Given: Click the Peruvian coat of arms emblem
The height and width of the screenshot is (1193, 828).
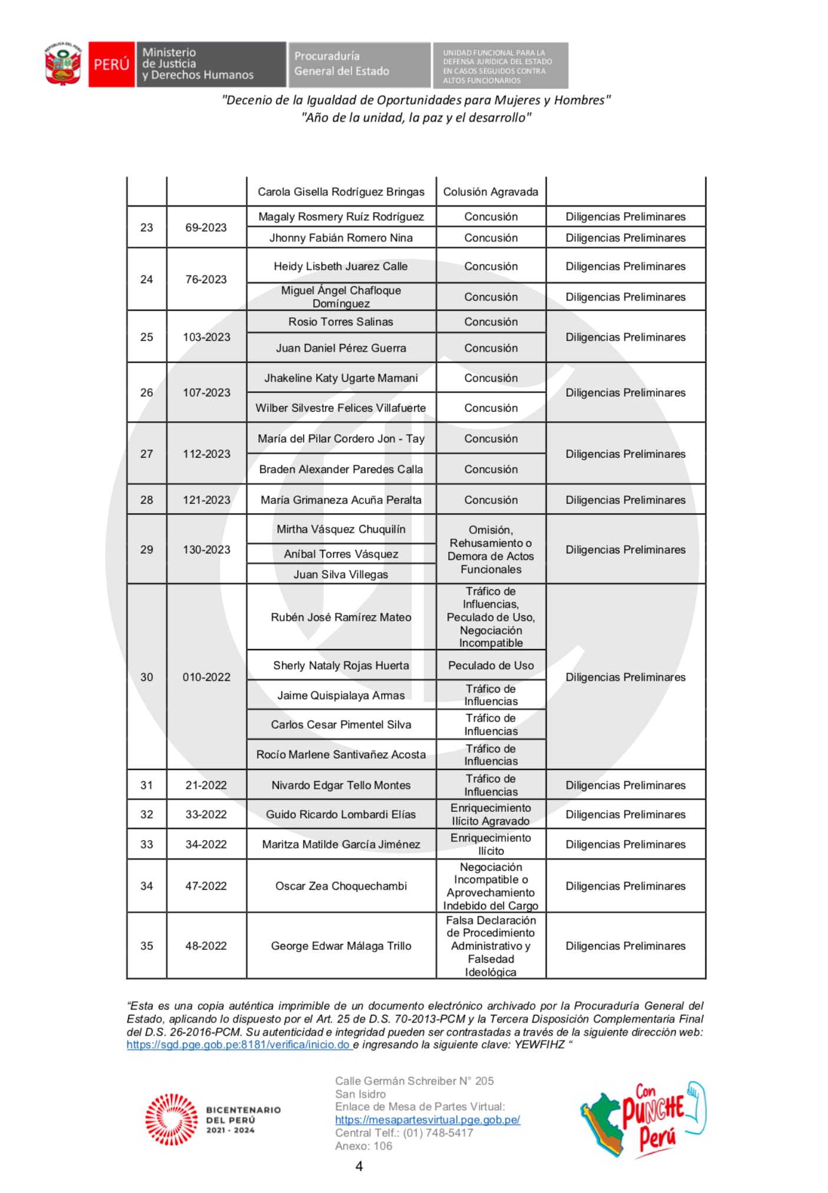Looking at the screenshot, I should (63, 64).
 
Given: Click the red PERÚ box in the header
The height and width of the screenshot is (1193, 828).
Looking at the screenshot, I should (111, 64).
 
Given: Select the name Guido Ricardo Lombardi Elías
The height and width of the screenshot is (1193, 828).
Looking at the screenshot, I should (341, 814).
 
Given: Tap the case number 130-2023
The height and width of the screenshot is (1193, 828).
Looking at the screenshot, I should (206, 549).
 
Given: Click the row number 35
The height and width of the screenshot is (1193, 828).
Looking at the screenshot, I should (147, 946).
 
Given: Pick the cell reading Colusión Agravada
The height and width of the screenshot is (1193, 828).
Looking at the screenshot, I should (491, 192).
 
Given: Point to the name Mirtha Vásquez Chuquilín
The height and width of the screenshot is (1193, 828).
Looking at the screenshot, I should (341, 529).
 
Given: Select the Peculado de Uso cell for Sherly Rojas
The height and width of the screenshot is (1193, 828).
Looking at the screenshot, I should (491, 666).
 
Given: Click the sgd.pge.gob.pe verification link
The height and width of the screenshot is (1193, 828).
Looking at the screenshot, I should (239, 1045).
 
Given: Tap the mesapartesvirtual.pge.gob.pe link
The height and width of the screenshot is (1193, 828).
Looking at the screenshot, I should (428, 1120).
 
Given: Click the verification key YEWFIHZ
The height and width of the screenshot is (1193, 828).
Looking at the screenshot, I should (539, 1045).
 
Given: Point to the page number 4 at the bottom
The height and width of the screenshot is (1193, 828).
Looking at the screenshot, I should (359, 1166).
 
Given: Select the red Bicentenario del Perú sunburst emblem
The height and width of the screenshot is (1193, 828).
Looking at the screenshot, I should (172, 1119).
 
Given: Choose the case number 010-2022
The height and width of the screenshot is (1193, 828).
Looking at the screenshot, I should (206, 677).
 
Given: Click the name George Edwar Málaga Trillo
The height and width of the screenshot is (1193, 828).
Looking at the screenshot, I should (341, 946).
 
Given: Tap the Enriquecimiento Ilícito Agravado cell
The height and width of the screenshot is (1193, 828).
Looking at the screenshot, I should (491, 814).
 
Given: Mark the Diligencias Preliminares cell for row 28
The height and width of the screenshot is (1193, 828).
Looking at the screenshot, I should (625, 500).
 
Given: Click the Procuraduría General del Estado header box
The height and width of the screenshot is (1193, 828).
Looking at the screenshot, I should (358, 64).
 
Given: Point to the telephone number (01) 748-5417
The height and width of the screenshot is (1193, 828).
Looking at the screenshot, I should (438, 1133).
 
